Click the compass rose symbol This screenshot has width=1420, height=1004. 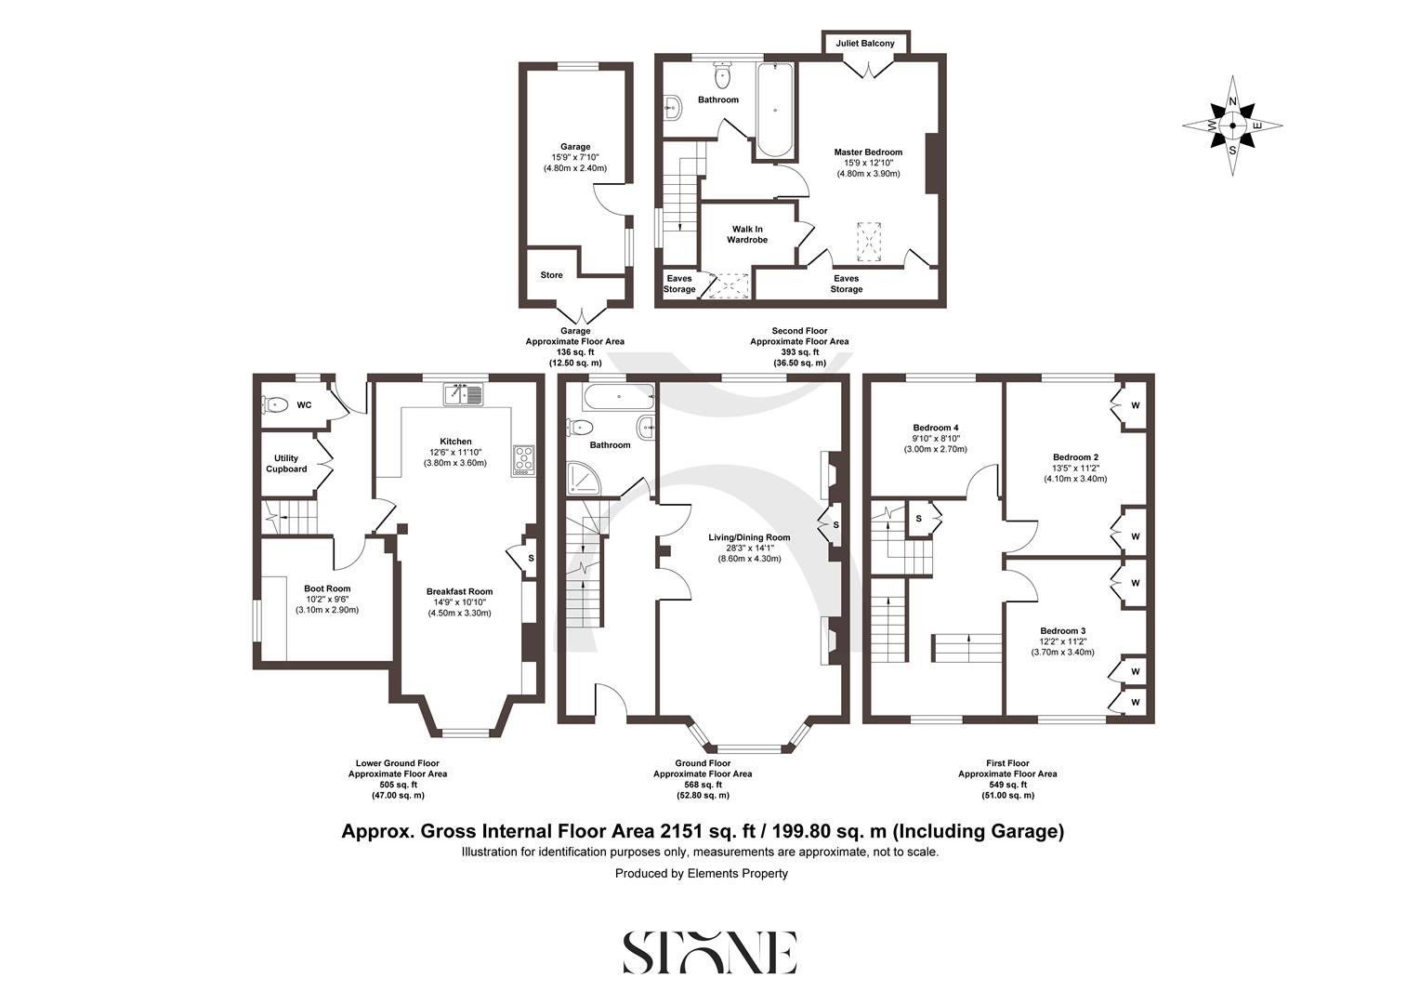(x=1232, y=125)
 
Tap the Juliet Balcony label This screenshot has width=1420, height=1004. (x=864, y=44)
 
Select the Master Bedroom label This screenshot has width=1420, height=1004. (x=867, y=152)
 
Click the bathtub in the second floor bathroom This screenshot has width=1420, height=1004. (x=774, y=110)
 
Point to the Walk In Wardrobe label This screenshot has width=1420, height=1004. (x=746, y=234)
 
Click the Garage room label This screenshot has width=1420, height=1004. (x=575, y=147)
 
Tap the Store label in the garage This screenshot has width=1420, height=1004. (x=551, y=275)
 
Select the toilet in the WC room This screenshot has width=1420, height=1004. (x=275, y=405)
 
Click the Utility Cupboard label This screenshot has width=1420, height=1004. (x=286, y=464)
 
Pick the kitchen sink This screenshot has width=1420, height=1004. (x=464, y=394)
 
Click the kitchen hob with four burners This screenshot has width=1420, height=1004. (x=524, y=459)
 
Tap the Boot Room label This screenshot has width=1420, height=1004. (x=327, y=588)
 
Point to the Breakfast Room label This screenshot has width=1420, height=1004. (x=459, y=591)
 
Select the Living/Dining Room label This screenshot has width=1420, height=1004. (x=748, y=537)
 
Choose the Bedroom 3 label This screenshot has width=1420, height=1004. (x=1062, y=630)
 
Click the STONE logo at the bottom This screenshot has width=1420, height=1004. (x=709, y=952)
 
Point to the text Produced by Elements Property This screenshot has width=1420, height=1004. (x=701, y=874)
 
